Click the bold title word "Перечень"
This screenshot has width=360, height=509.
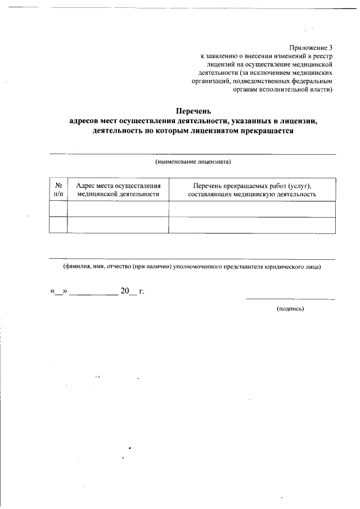[x=193, y=111]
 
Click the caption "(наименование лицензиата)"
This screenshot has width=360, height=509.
[x=193, y=162]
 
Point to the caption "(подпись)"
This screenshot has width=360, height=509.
[x=290, y=309]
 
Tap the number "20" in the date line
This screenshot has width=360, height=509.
[x=124, y=291]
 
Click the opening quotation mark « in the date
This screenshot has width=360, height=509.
[x=53, y=292]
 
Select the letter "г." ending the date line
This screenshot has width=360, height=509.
[x=142, y=291]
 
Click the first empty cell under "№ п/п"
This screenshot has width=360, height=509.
[x=58, y=209]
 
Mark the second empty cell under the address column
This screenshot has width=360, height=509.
[x=118, y=225]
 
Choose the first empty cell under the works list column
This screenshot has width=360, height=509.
[x=252, y=209]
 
